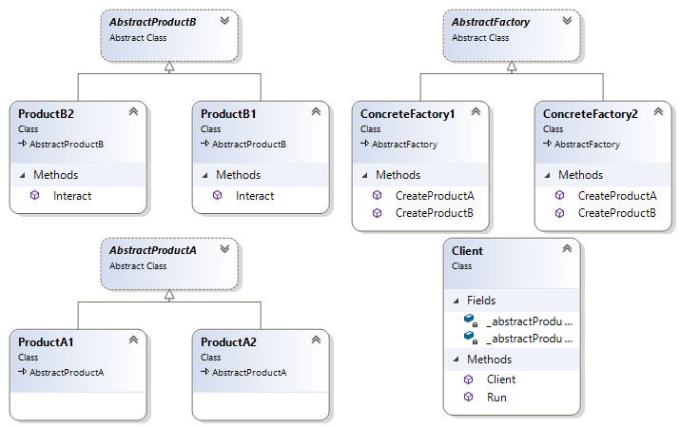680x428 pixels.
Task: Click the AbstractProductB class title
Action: [152, 22]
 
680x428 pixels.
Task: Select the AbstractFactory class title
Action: [491, 22]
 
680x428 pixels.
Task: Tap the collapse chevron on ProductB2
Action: [133, 112]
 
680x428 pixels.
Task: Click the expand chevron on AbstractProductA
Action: [224, 249]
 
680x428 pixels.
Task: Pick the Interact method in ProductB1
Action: [254, 195]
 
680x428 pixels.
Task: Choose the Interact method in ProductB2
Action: [72, 195]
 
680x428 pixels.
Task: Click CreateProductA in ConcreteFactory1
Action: [434, 195]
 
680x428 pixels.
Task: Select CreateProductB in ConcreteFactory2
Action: [617, 212]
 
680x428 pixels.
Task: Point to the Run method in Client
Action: [495, 397]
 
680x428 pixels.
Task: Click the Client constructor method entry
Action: [500, 379]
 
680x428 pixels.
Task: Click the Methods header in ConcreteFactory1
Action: [398, 175]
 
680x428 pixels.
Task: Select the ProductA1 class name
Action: [46, 341]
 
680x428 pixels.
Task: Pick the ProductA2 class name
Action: [229, 341]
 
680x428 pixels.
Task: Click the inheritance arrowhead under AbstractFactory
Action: [511, 67]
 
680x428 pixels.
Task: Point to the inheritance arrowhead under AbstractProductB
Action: [168, 67]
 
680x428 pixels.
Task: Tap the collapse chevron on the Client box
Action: [567, 249]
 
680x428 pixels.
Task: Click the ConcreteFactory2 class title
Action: [590, 113]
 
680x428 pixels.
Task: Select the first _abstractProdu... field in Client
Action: [529, 321]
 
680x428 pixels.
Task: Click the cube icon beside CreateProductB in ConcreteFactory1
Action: [378, 212]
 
